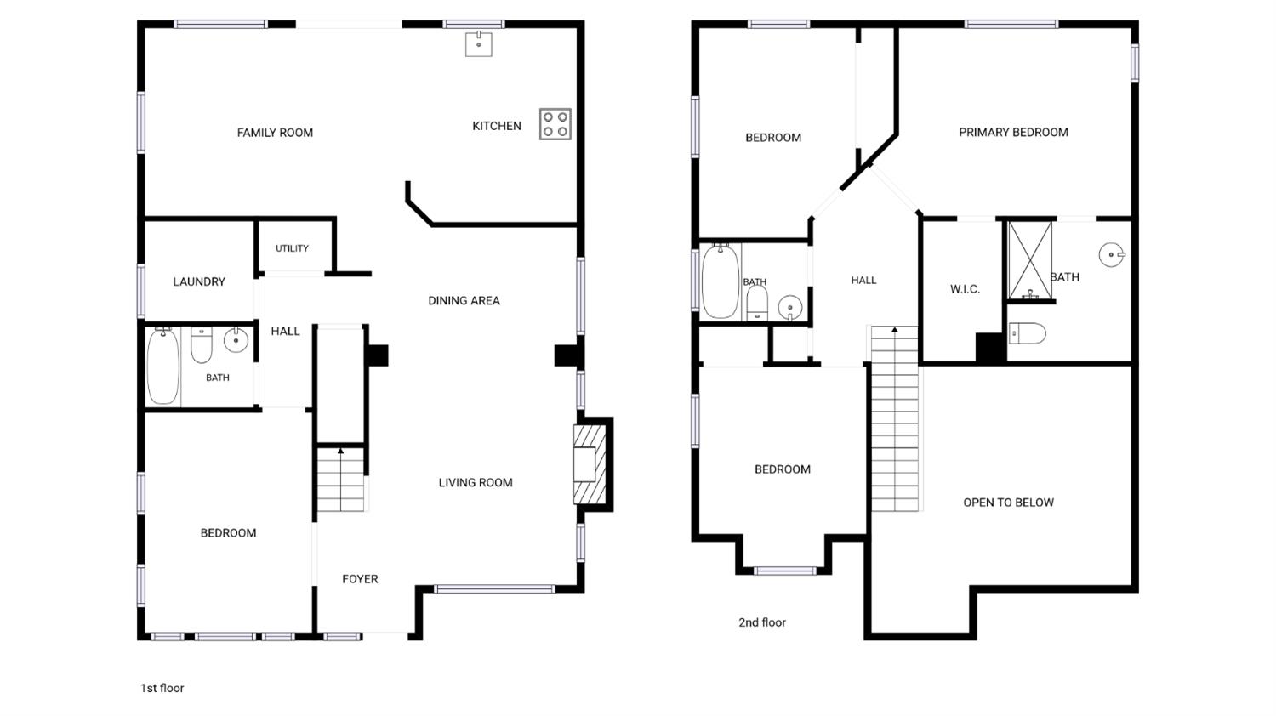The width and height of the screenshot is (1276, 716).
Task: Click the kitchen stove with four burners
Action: (555, 124)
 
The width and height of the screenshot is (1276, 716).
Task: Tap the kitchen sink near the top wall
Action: (478, 44)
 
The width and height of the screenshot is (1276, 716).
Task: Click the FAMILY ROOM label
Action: (275, 133)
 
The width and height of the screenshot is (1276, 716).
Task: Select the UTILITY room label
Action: (293, 248)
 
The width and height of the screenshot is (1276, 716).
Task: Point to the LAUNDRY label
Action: (199, 281)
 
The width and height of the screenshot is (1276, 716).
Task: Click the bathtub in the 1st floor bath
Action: (163, 367)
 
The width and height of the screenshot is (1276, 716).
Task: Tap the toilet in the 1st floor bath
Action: (201, 345)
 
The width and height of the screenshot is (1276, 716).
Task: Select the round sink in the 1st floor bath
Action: (236, 340)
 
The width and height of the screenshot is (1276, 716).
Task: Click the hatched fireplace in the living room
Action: (590, 464)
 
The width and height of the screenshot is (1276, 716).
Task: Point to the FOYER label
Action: (360, 579)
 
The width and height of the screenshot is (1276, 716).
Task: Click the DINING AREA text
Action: (464, 301)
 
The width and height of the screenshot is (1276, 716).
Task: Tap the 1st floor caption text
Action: (162, 688)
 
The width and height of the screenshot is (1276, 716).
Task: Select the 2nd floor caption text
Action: (762, 622)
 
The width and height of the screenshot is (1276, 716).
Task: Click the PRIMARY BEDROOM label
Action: (1013, 132)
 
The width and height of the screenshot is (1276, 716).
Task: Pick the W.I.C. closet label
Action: (965, 289)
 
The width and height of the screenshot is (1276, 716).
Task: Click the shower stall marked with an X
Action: (1030, 260)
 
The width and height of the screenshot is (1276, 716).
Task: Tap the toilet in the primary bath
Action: (1028, 333)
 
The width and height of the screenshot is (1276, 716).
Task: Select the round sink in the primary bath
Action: (1111, 254)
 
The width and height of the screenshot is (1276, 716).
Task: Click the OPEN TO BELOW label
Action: (1008, 503)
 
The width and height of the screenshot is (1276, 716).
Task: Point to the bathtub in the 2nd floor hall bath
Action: (721, 282)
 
